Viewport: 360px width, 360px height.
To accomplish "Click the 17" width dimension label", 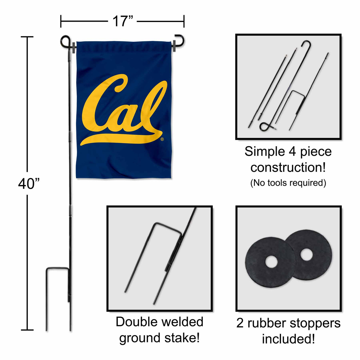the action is (123, 21).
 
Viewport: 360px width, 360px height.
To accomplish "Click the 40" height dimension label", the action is (29, 184).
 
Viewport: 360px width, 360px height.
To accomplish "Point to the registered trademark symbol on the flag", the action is (162, 139).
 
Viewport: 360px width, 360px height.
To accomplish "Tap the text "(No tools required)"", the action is (288, 183).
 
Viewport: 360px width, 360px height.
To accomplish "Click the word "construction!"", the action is (288, 168).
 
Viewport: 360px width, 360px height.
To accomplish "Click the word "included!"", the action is (288, 339).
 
